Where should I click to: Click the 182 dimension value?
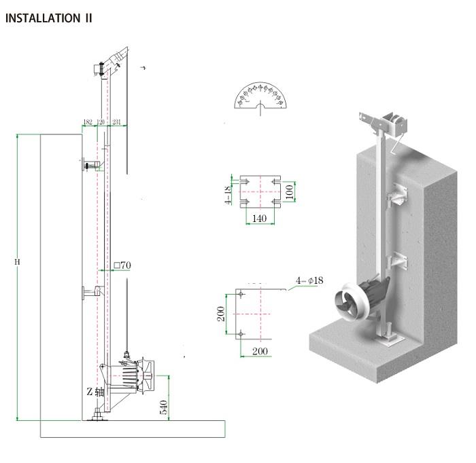click(x=88, y=122)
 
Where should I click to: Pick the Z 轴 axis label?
click(x=95, y=392)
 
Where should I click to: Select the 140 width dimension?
click(x=259, y=219)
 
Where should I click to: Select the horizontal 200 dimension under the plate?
click(x=260, y=351)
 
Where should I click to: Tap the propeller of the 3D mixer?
click(x=347, y=303)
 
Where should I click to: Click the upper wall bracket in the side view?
click(x=91, y=164)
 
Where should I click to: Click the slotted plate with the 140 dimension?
click(x=259, y=191)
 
